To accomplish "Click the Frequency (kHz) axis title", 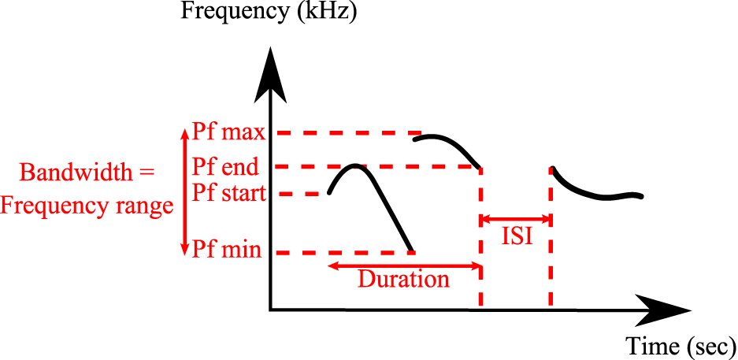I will click(x=269, y=13).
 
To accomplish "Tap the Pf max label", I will click(x=228, y=132).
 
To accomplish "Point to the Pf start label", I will click(x=228, y=193).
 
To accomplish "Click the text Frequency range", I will click(x=87, y=206).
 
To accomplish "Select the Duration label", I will click(x=403, y=280).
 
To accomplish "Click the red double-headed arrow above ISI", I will click(x=516, y=218).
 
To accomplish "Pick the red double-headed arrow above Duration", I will click(x=404, y=265).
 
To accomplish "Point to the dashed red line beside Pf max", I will click(x=347, y=132).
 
